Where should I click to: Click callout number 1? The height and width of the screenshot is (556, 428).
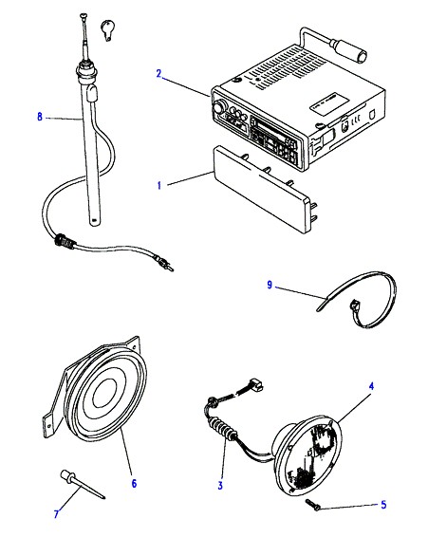159,185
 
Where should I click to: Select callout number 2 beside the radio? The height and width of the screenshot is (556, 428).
158,74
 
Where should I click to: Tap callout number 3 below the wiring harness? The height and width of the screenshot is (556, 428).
220,486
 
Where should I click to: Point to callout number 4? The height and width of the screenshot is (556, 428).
371,386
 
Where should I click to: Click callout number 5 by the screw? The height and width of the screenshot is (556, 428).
383,505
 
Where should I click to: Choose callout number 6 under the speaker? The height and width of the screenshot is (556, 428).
134,483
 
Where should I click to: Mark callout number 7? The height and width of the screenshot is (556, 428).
56,514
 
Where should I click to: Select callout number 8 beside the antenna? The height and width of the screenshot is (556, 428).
40,117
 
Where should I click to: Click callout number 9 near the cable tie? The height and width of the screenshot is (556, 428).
270,285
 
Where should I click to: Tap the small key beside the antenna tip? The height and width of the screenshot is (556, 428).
107,30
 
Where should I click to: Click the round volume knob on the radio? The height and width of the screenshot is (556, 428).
219,105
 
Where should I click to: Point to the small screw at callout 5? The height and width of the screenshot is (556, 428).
312,505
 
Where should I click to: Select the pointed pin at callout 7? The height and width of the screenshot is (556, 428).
83,485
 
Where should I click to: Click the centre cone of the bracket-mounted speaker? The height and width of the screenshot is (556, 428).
104,393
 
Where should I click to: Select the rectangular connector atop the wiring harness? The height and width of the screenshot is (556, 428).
256,385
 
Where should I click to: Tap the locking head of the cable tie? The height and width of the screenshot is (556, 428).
354,305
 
